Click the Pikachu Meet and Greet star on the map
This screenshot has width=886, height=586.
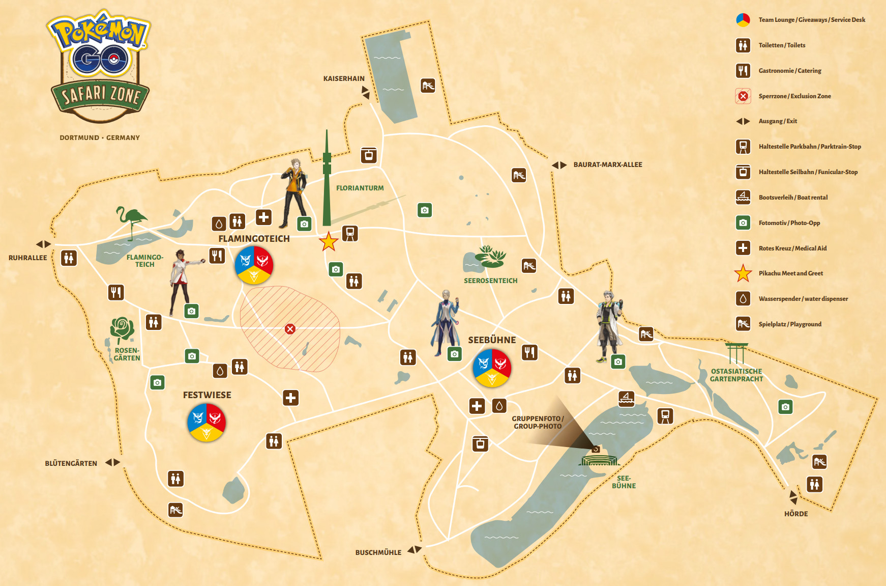click(x=329, y=241)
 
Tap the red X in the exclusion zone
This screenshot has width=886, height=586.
click(x=290, y=329)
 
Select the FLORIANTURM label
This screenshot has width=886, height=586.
click(x=360, y=188)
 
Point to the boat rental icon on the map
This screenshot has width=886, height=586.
click(x=627, y=398)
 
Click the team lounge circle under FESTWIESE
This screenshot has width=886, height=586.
click(x=206, y=422)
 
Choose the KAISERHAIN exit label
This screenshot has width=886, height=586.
click(x=344, y=78)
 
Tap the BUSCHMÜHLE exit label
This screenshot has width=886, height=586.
click(x=378, y=552)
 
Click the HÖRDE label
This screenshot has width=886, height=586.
click(x=795, y=514)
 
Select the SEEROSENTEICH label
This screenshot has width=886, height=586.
click(x=490, y=281)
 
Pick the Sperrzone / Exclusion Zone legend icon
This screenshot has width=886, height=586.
click(x=743, y=96)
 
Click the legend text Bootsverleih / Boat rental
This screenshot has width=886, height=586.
click(x=793, y=198)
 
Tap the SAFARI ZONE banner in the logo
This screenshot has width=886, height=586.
click(x=100, y=95)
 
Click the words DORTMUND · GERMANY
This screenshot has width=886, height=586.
click(x=100, y=137)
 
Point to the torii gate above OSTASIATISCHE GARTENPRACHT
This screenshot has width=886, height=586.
click(x=736, y=353)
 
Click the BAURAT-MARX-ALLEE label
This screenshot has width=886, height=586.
click(x=607, y=164)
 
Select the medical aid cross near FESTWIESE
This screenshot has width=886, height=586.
click(x=291, y=398)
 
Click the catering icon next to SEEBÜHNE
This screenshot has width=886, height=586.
click(x=529, y=352)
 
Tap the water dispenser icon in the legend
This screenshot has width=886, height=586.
click(x=743, y=299)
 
